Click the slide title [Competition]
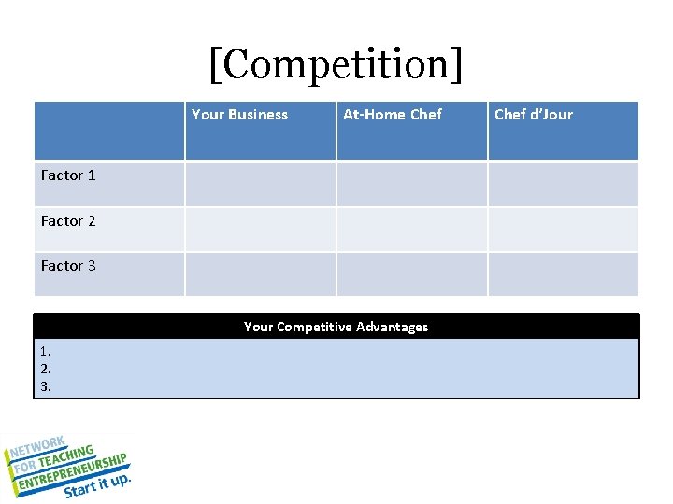coord(336,64)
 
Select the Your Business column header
coord(239,115)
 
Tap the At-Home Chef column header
coord(393,115)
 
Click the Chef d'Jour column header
coord(533,115)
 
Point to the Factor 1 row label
coord(68,175)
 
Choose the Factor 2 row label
coord(68,221)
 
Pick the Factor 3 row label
coord(68,266)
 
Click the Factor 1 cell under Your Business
coord(260,184)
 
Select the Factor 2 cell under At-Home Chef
coord(411,229)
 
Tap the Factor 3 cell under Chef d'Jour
coord(563,274)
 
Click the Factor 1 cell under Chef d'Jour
coord(563,184)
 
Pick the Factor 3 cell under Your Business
coord(260,274)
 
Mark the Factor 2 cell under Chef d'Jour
coord(563,229)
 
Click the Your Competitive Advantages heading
coord(336,327)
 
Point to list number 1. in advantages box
coord(46,352)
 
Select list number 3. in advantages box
coord(46,384)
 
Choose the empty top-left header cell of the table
coord(109,131)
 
